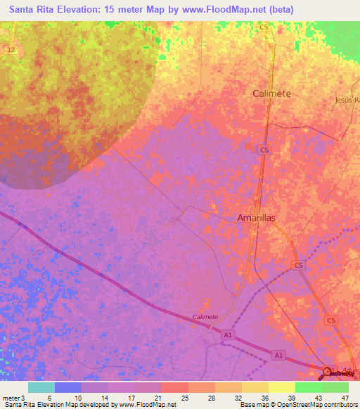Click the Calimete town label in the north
[271, 93]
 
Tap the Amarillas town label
[255, 219]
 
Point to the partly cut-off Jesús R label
[347, 100]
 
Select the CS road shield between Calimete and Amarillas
[264, 150]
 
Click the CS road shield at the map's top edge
[264, 27]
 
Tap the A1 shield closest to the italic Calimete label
[228, 337]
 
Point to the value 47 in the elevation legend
[345, 398]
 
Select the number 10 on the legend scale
[77, 398]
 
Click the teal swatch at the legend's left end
[41, 387]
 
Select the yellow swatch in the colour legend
[281, 387]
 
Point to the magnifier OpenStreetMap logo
[326, 373]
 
